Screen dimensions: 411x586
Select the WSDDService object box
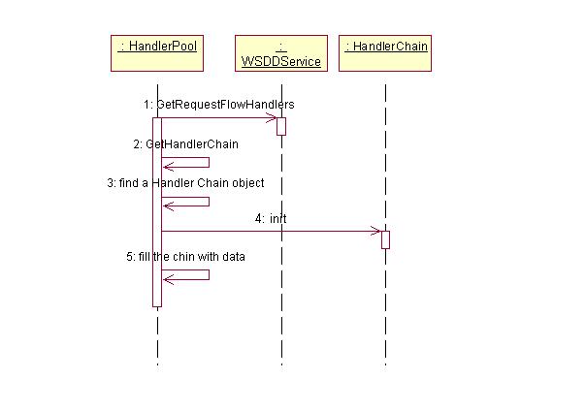coord(281,53)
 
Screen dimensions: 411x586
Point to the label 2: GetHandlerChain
coord(186,144)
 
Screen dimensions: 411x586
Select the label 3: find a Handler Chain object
coord(185,183)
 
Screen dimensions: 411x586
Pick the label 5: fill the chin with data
coord(186,257)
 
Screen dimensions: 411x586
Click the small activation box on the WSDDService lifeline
coord(281,126)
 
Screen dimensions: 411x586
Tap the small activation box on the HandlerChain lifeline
coord(385,239)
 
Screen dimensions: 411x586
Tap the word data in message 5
coord(234,257)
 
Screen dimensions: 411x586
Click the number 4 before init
coord(259,219)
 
